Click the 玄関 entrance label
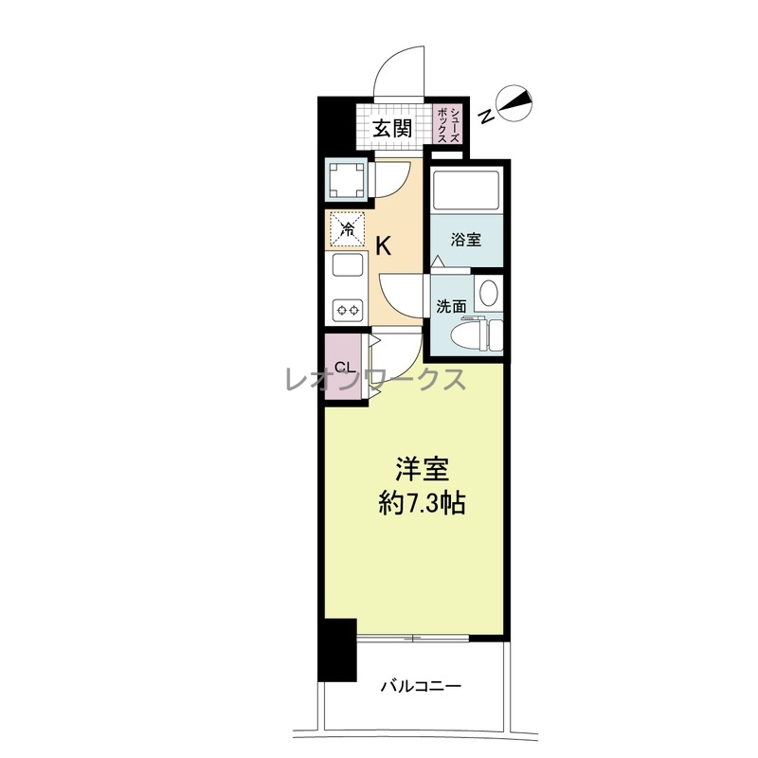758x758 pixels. [x=392, y=129]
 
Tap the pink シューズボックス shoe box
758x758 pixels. [x=447, y=124]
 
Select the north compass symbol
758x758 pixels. [x=514, y=102]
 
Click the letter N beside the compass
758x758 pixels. [x=486, y=116]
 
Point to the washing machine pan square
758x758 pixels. [x=347, y=181]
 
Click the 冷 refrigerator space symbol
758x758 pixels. [x=347, y=229]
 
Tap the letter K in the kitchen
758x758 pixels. [x=384, y=247]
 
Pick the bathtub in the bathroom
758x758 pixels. [x=466, y=190]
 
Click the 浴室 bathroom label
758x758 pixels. [x=466, y=240]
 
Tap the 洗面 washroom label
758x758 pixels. [x=451, y=306]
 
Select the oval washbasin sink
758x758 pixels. [x=487, y=294]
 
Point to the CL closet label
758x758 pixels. [x=346, y=367]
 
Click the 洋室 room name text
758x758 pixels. [x=422, y=470]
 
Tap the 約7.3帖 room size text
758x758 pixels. [x=422, y=504]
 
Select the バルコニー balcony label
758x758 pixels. [x=421, y=686]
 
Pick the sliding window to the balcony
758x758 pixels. [x=413, y=638]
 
